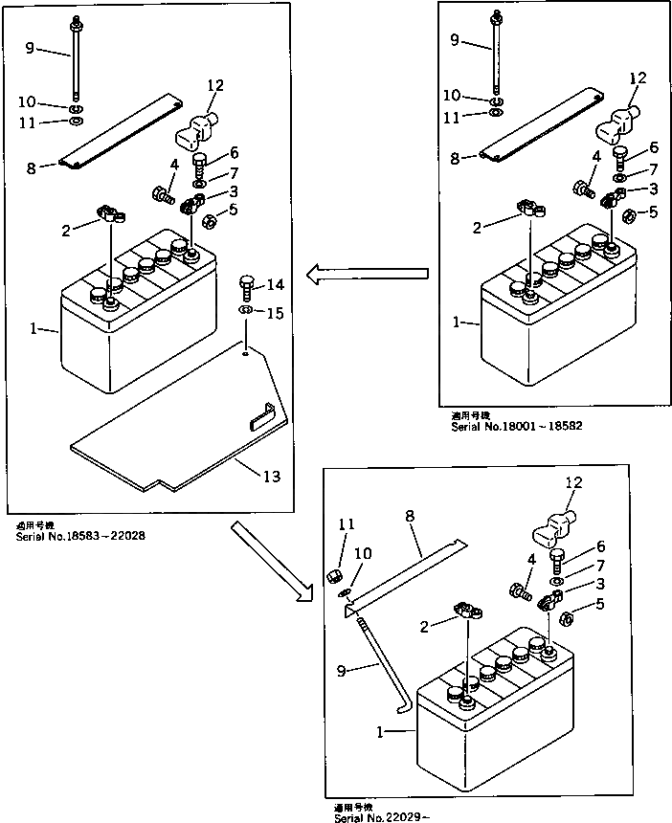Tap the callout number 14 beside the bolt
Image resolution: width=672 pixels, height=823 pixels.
coord(276,284)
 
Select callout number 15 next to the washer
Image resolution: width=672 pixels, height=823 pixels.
coord(276,313)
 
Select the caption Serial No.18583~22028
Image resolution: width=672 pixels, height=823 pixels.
coord(81,536)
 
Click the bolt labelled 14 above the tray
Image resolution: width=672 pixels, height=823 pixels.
coord(246,286)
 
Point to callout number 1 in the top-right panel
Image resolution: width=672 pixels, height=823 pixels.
coord(460,323)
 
